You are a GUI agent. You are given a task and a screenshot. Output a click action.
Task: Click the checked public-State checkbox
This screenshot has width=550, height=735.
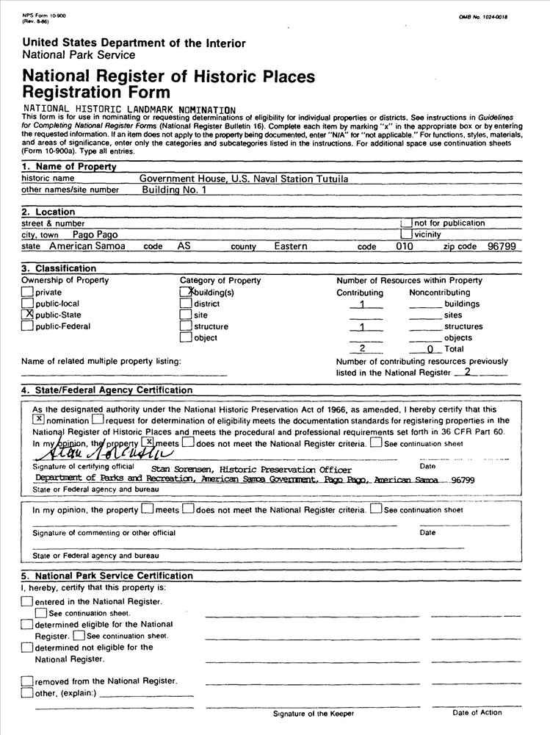[x=28, y=315]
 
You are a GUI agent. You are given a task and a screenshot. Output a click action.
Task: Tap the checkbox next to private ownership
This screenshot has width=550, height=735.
[x=28, y=292]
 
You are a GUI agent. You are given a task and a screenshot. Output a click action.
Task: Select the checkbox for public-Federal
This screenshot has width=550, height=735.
[x=28, y=326]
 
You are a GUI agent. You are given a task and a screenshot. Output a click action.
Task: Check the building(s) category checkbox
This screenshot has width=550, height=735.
[x=187, y=292]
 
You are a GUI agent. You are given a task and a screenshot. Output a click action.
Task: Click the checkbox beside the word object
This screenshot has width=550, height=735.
[x=187, y=338]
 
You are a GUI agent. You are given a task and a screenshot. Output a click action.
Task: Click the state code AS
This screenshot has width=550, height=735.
[x=184, y=246]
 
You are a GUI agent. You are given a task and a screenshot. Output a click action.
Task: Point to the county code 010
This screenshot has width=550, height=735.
[x=405, y=246]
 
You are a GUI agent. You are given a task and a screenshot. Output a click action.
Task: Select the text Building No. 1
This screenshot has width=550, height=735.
[x=175, y=190]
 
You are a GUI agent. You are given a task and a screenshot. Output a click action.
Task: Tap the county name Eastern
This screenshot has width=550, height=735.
[x=291, y=246]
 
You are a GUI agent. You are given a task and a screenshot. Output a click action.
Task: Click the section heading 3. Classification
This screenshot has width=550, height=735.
[x=59, y=268]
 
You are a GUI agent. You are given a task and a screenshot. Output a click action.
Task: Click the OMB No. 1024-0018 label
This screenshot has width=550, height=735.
[x=483, y=16]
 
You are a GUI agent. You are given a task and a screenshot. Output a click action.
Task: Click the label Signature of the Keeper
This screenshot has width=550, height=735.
[x=314, y=714]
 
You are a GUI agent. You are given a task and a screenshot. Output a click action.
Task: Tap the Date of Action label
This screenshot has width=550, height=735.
[x=477, y=713]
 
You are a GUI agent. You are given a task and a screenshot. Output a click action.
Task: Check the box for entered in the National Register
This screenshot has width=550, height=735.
[x=27, y=601]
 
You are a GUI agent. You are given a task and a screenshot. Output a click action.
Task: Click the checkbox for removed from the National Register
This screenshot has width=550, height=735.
[x=27, y=681]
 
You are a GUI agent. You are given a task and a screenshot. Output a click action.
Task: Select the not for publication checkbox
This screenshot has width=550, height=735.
[x=406, y=223]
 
